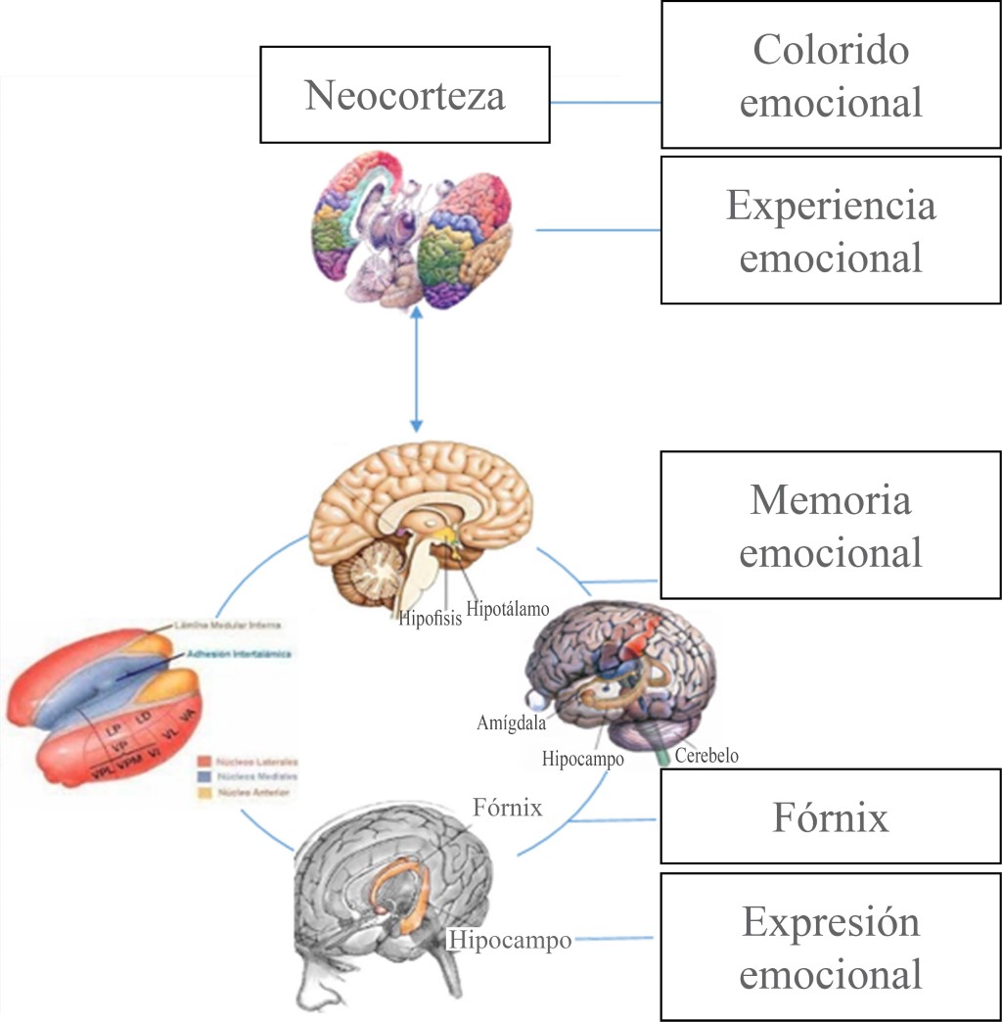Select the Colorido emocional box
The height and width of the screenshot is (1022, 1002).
(831, 75)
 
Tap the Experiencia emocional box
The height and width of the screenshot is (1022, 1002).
(831, 231)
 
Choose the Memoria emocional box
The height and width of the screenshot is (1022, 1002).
(831, 526)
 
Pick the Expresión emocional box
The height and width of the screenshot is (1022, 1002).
(831, 948)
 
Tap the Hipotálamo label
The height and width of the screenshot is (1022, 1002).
(508, 608)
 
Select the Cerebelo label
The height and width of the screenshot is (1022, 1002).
(706, 756)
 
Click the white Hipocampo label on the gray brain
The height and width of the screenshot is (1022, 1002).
(510, 941)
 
